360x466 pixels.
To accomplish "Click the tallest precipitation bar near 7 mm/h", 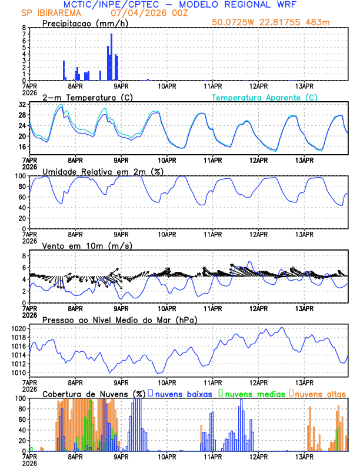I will click(111, 57).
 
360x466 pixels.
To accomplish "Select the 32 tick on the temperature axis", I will click(22, 104).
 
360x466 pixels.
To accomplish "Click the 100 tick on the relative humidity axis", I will click(21, 176).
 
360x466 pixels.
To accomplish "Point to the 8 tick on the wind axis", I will click(24, 256).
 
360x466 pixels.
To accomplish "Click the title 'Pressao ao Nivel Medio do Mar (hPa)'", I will click(119, 319).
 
